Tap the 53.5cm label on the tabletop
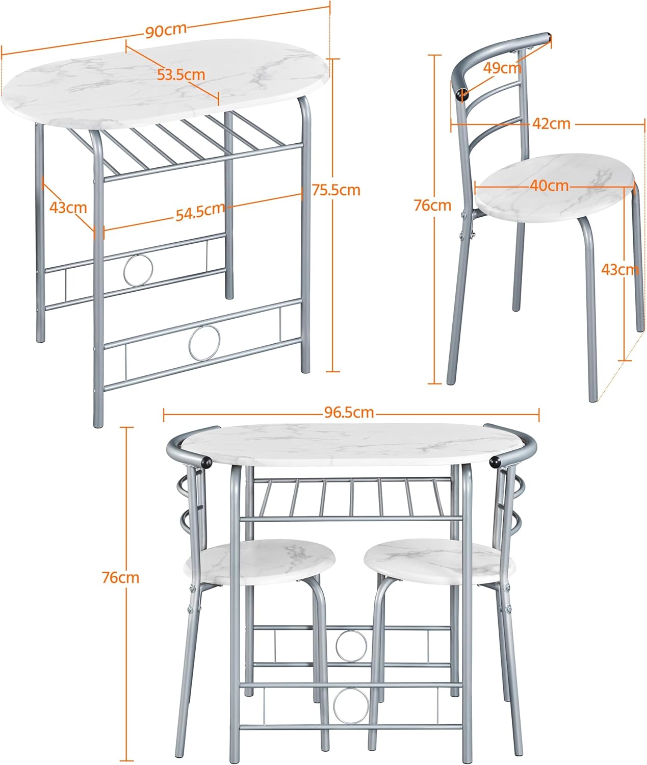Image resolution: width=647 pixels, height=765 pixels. [180, 75]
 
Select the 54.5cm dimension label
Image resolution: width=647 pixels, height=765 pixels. [200, 211]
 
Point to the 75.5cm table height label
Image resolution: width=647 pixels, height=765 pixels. [336, 190]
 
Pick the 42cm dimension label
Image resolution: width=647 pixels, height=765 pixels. [551, 123]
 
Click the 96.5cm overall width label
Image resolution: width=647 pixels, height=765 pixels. [349, 412]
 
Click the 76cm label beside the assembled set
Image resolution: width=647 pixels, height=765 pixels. [120, 578]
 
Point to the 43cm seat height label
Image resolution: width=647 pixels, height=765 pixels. [619, 269]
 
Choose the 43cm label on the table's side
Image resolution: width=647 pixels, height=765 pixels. [68, 208]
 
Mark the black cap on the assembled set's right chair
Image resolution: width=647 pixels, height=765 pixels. [495, 462]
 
